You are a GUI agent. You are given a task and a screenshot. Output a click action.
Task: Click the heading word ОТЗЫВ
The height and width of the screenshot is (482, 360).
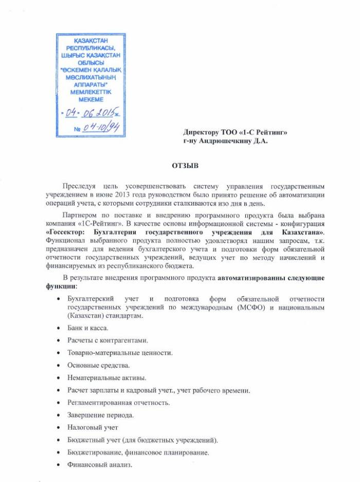tap(181, 165)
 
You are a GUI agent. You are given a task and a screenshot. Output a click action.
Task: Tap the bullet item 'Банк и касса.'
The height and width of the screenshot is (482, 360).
tap(88, 327)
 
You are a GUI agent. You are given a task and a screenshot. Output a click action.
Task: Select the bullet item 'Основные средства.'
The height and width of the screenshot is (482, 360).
tap(99, 365)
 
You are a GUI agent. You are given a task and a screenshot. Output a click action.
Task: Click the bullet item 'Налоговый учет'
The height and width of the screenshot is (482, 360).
tap(93, 428)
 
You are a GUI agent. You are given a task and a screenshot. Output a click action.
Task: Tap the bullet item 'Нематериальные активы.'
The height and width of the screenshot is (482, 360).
tap(106, 378)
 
